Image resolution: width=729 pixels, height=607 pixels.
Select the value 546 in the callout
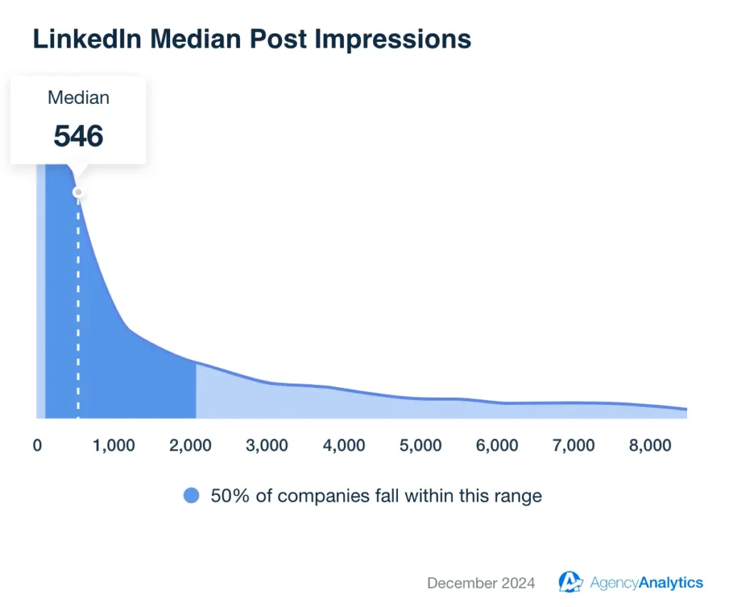[78, 136]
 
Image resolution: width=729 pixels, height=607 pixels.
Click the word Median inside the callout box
[78, 98]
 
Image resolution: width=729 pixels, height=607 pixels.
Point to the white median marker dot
[78, 193]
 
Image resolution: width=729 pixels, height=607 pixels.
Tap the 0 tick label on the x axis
[37, 446]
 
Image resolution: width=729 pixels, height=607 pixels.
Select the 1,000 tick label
[114, 446]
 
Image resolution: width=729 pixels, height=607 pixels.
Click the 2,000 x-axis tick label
[191, 446]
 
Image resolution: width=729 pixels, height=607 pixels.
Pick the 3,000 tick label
[268, 446]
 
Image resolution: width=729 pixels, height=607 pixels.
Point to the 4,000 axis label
[345, 446]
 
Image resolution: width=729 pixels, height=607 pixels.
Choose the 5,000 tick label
[421, 446]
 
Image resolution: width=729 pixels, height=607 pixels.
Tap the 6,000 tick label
[498, 446]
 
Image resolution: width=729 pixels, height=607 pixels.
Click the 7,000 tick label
[575, 446]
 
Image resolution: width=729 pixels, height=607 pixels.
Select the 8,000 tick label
[651, 446]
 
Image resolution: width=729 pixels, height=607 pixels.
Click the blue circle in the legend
[192, 496]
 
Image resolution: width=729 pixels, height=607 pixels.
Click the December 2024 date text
[481, 584]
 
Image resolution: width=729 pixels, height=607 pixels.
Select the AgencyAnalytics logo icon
[570, 583]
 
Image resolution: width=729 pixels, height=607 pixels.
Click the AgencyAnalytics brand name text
[646, 584]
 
